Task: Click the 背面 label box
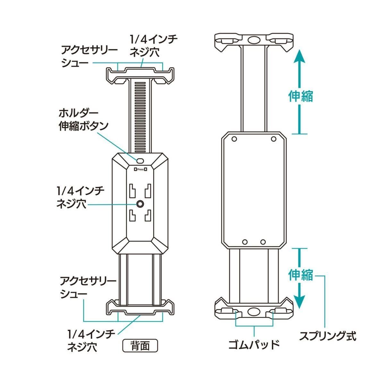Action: tap(140, 346)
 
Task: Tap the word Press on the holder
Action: tap(140, 169)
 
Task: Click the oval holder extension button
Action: tap(140, 161)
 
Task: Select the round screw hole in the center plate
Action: tap(140, 204)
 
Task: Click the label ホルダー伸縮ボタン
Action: tap(83, 120)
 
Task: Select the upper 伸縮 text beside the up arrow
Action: tap(300, 97)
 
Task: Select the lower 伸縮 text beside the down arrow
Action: tap(300, 275)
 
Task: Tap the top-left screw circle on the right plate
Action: tap(234, 139)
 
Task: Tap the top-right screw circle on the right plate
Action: tap(274, 139)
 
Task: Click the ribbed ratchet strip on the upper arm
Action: tap(140, 116)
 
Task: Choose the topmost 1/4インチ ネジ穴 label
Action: tap(153, 46)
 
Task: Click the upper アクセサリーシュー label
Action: tap(89, 57)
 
